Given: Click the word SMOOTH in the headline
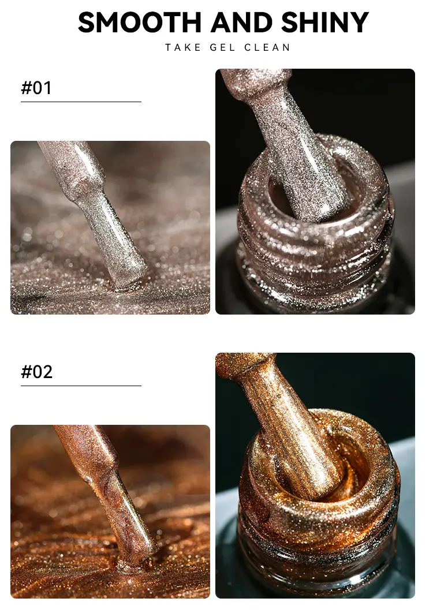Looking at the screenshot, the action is (x=139, y=23).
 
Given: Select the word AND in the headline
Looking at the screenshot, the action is (x=241, y=23).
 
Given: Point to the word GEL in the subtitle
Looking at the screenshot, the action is (x=223, y=48).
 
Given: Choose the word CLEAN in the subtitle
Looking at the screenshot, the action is (x=267, y=48).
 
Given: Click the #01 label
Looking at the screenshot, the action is (x=36, y=88).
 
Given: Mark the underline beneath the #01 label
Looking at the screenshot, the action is (x=81, y=102).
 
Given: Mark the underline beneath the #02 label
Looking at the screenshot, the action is (x=81, y=386).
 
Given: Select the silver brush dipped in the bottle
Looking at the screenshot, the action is (x=297, y=148).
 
